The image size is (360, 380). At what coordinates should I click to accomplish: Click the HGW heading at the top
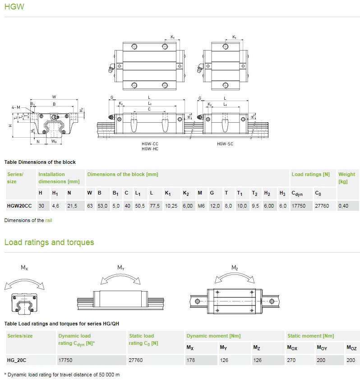pyautogui.click(x=14, y=6)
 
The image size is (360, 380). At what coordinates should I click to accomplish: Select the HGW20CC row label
pyautogui.click(x=19, y=206)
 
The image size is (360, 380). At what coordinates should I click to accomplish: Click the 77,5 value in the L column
pyautogui.click(x=155, y=206)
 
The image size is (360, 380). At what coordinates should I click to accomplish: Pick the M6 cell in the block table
pyautogui.click(x=201, y=206)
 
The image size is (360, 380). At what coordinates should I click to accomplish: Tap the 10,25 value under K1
pyautogui.click(x=171, y=206)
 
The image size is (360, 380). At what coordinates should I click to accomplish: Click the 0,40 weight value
pyautogui.click(x=343, y=206)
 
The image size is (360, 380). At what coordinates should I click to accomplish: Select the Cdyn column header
pyautogui.click(x=297, y=193)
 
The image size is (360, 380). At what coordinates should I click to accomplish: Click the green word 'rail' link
pyautogui.click(x=48, y=220)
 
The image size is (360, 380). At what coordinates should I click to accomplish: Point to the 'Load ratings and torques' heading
pyautogui.click(x=49, y=242)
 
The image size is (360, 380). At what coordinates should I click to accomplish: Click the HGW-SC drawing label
pyautogui.click(x=225, y=144)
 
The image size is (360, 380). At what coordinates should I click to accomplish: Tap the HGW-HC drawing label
pyautogui.click(x=150, y=149)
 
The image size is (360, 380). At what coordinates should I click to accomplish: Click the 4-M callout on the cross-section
pyautogui.click(x=16, y=107)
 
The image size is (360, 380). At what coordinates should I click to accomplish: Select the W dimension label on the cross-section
pyautogui.click(x=54, y=97)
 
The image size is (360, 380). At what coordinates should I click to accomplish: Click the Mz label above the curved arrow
pyautogui.click(x=235, y=268)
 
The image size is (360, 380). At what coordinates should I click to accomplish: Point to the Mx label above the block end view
pyautogui.click(x=24, y=268)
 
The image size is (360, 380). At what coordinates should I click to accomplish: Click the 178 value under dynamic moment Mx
pyautogui.click(x=191, y=360)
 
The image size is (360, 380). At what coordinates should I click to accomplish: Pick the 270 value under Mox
pyautogui.click(x=291, y=360)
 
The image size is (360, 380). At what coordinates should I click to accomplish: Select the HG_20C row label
pyautogui.click(x=17, y=360)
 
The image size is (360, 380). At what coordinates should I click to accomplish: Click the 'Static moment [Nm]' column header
pyautogui.click(x=310, y=336)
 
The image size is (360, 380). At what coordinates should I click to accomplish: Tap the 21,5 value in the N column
pyautogui.click(x=72, y=206)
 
